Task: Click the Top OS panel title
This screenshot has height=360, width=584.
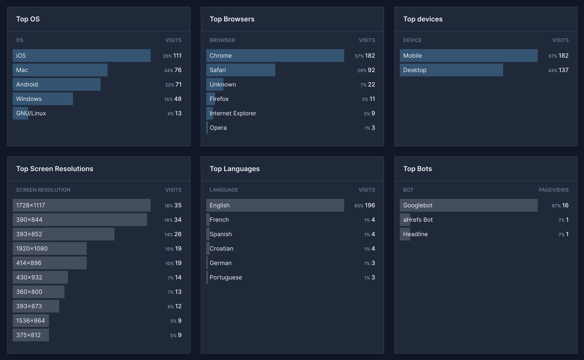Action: (x=28, y=19)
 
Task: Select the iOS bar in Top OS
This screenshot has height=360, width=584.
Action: (x=82, y=56)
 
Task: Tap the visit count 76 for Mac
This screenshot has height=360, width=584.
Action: (x=178, y=70)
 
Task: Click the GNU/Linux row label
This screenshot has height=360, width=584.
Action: (x=31, y=113)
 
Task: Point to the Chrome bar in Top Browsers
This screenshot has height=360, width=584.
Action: (x=275, y=56)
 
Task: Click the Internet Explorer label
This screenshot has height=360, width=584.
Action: (x=233, y=113)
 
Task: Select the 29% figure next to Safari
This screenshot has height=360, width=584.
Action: (x=362, y=71)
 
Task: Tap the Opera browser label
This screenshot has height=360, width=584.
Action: (x=218, y=128)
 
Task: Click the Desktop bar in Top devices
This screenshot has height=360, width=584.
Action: (x=451, y=70)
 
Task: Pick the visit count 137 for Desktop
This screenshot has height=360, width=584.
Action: (x=563, y=70)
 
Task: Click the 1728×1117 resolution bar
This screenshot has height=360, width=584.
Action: (x=82, y=205)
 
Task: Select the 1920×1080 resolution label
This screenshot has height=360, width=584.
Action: (x=32, y=249)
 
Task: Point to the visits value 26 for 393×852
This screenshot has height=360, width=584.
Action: (x=178, y=234)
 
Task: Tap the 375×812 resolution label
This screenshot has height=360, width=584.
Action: (x=28, y=335)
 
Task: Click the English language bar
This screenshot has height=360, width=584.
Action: (x=275, y=205)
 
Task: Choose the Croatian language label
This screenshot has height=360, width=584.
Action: (x=221, y=249)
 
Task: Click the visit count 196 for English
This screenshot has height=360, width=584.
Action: (x=370, y=205)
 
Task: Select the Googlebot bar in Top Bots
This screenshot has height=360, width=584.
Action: (x=469, y=205)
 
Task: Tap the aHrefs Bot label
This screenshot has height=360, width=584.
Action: (x=418, y=220)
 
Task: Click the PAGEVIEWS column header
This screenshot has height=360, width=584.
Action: (x=553, y=190)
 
